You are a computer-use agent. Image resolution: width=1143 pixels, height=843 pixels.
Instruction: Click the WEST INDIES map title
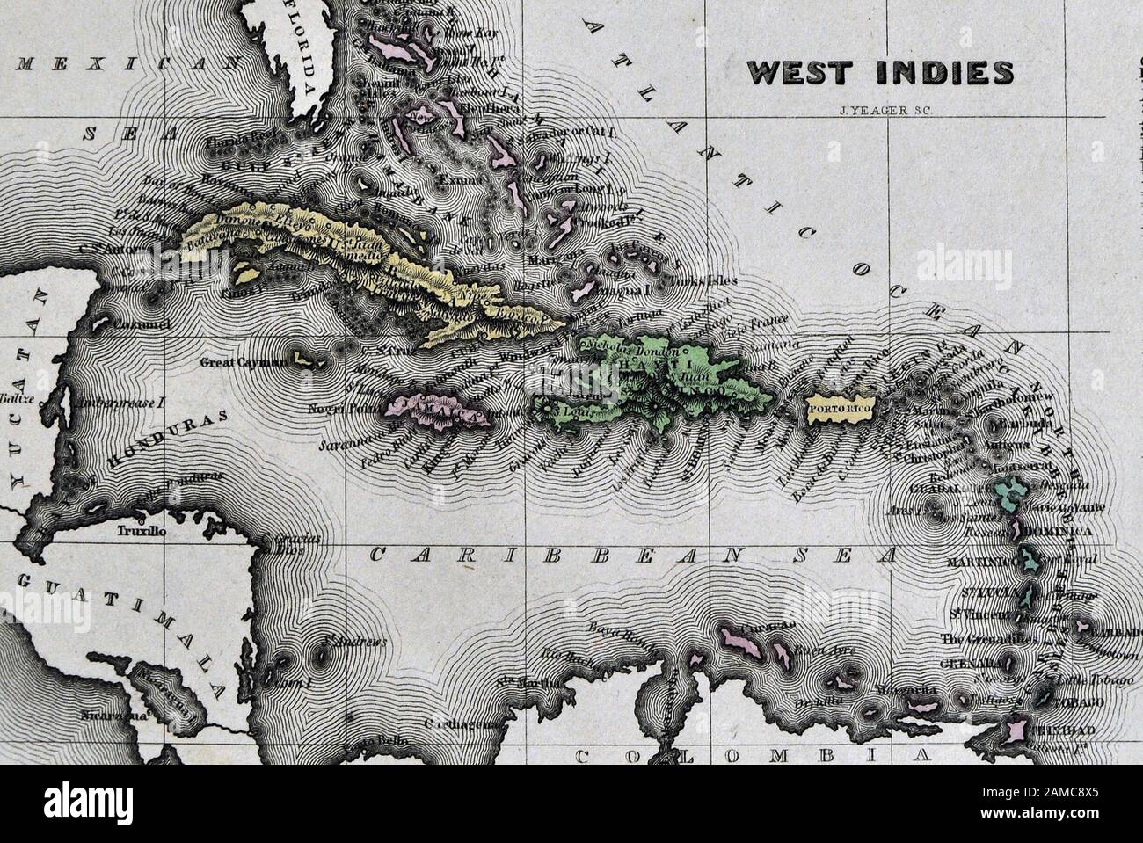(880, 73)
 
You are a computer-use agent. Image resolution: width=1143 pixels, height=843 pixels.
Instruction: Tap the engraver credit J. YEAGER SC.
(880, 111)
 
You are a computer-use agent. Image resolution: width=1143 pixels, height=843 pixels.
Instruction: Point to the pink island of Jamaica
(440, 411)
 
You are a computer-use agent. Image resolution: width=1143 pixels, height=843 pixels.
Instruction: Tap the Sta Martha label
(517, 681)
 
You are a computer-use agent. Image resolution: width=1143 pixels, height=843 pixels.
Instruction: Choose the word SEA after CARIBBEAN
(844, 556)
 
